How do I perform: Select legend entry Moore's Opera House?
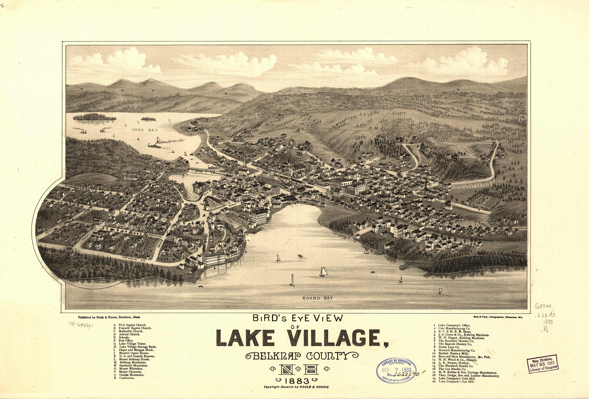134,353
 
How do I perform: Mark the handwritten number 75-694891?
81,325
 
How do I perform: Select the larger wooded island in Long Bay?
94,117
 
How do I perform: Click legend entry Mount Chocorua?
131,372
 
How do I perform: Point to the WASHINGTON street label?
156,236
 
